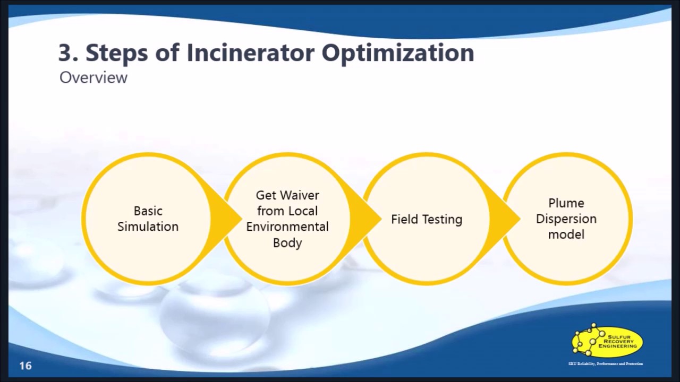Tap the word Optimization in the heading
398,53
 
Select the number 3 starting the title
64,53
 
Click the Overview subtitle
93,77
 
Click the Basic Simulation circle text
148,219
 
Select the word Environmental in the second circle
287,227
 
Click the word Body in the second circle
287,242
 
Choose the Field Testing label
427,219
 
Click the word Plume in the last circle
566,203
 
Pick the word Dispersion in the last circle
566,219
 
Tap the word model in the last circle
566,234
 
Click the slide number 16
25,366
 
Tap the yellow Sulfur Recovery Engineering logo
607,341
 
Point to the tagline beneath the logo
605,363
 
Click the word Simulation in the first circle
148,227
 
